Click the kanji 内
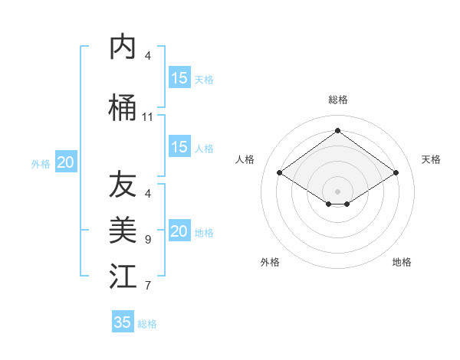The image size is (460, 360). point(123,47)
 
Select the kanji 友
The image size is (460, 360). point(123,185)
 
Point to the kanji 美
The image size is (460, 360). point(123,230)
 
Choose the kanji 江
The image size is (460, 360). point(123,276)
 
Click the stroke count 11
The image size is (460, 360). point(147,117)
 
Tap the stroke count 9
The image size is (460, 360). point(147,240)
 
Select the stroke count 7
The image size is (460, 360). point(147,286)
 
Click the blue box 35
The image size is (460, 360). point(123,322)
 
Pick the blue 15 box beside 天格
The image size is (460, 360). point(179,78)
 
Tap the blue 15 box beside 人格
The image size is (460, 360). point(179,147)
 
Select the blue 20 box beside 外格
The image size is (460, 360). point(66,162)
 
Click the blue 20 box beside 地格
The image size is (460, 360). point(179,231)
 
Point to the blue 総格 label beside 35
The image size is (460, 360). point(147,324)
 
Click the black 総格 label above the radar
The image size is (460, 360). point(337,100)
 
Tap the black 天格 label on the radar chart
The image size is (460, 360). point(431,159)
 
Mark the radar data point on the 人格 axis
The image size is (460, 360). point(280,173)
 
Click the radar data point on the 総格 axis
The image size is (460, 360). point(337,131)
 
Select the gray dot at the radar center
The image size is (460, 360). point(337,191)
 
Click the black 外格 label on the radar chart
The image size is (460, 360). point(270,262)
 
